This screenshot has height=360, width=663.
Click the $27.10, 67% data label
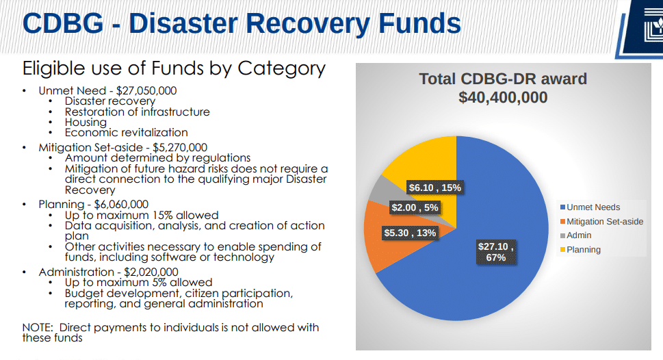496,251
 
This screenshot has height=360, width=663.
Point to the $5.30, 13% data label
410,233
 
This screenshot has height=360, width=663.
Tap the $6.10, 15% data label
434,188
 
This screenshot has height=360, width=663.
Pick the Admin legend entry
579,235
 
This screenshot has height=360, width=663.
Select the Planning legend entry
583,250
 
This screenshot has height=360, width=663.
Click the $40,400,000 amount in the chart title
503,98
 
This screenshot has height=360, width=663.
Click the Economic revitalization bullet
126,132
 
